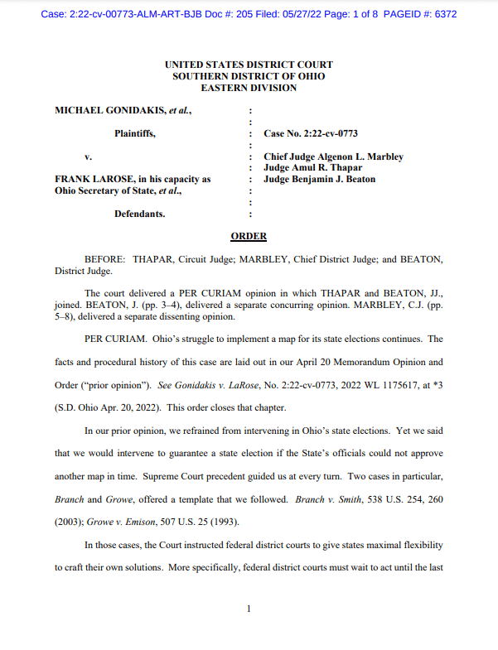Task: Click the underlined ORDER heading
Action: (x=249, y=236)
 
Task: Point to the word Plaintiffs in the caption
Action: (x=134, y=133)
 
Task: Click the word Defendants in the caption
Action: (x=139, y=214)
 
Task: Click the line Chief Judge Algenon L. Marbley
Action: (x=333, y=156)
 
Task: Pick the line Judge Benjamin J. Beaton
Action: (x=319, y=179)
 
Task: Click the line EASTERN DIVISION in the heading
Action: (x=249, y=87)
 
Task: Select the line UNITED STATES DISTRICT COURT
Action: (x=249, y=65)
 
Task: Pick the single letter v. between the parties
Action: (x=88, y=156)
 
